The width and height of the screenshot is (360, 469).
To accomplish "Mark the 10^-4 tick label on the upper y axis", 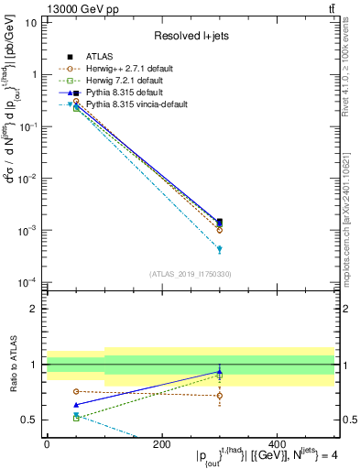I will [x=27, y=282].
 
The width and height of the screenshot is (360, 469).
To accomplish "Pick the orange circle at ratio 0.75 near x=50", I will [x=75, y=391].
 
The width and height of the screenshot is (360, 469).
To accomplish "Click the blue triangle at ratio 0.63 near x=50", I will [x=75, y=404].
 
